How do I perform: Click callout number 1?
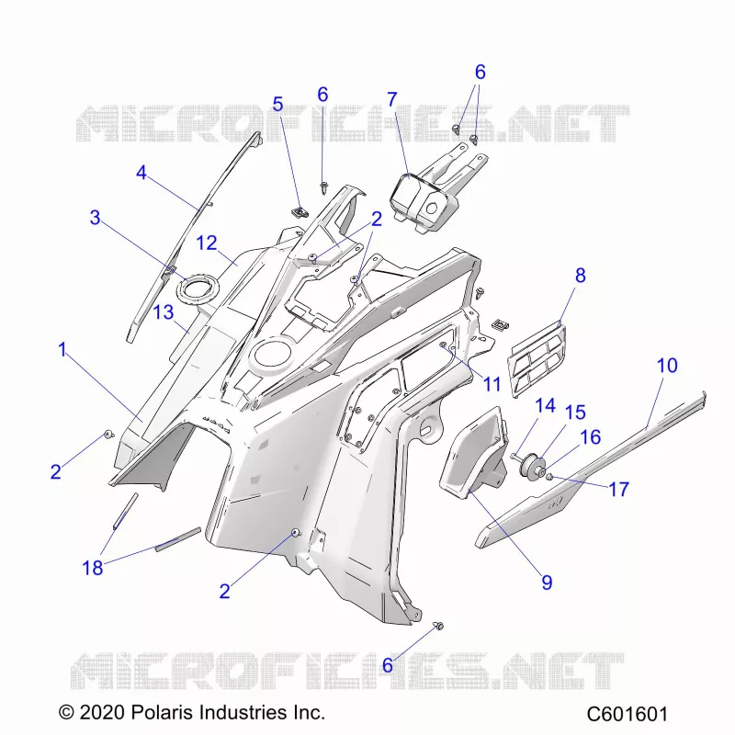62,350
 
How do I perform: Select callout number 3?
96,218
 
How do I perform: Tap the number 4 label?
141,173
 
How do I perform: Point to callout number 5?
278,104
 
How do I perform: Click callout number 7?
392,99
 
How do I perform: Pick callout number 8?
581,276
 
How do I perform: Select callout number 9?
547,582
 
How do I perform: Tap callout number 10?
667,366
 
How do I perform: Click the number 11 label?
492,384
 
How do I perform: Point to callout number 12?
207,243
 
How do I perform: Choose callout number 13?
164,312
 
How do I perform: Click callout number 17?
618,490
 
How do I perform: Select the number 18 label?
93,568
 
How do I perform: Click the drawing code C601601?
628,714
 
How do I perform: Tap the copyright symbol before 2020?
66,713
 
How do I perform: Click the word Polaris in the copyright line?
162,713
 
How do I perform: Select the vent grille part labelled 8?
537,358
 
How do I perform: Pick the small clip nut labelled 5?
299,213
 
